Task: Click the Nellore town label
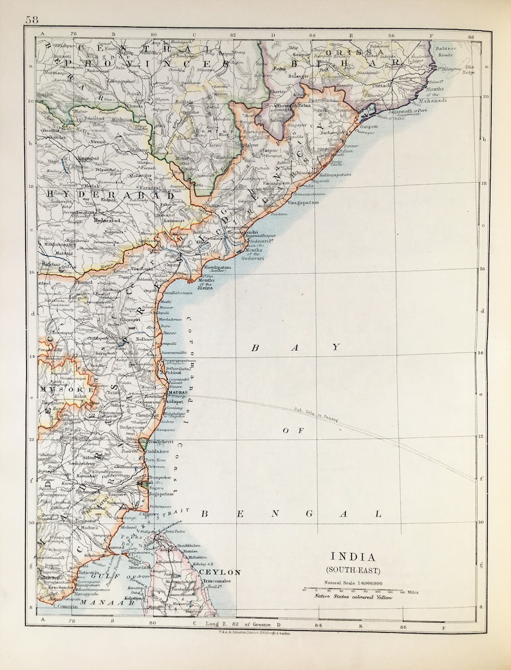coord(144,339)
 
